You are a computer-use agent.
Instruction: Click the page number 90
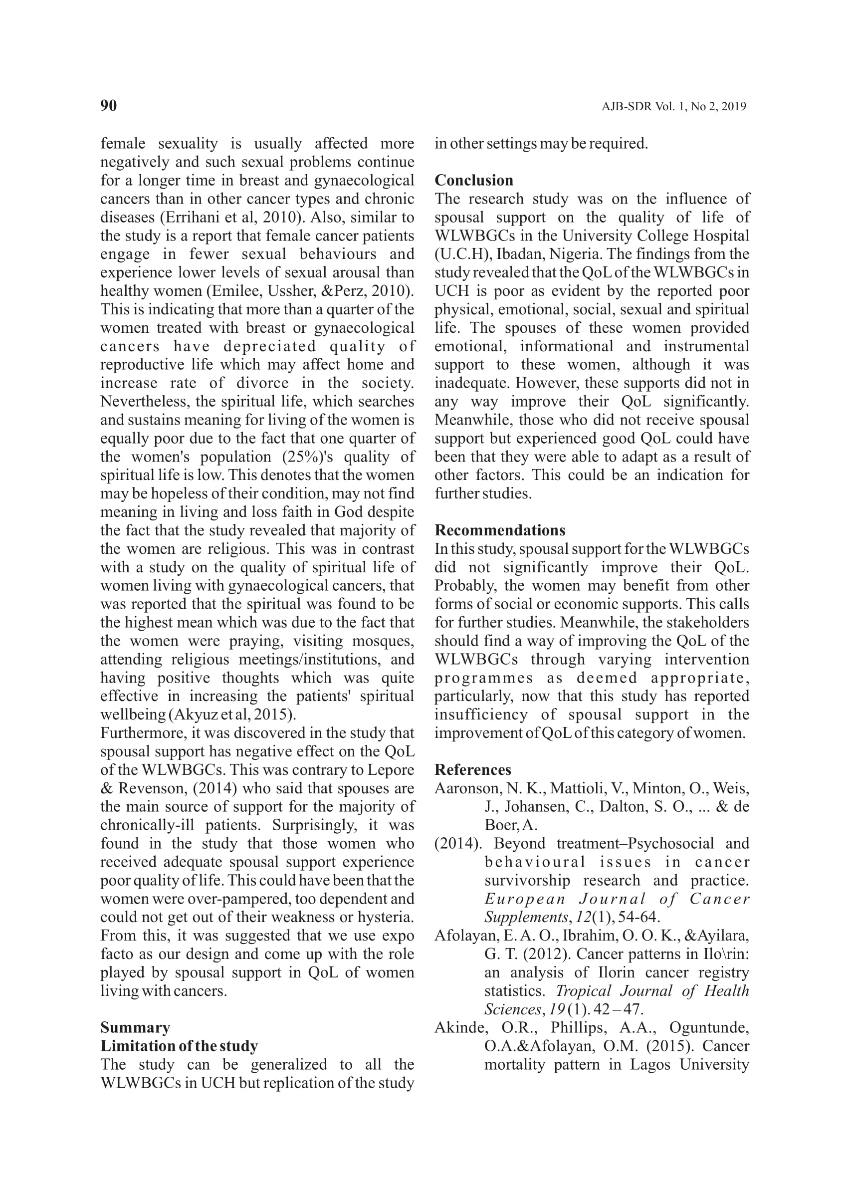coord(108,106)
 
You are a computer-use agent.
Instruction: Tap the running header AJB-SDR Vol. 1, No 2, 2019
coord(673,107)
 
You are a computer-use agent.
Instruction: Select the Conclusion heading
coord(474,181)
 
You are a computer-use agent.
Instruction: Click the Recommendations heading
coord(500,530)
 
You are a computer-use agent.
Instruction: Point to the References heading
coord(472,769)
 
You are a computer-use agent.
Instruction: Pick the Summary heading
coord(135,1028)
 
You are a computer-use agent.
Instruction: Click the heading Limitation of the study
coord(179,1046)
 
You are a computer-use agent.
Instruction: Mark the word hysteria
coord(385,917)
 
